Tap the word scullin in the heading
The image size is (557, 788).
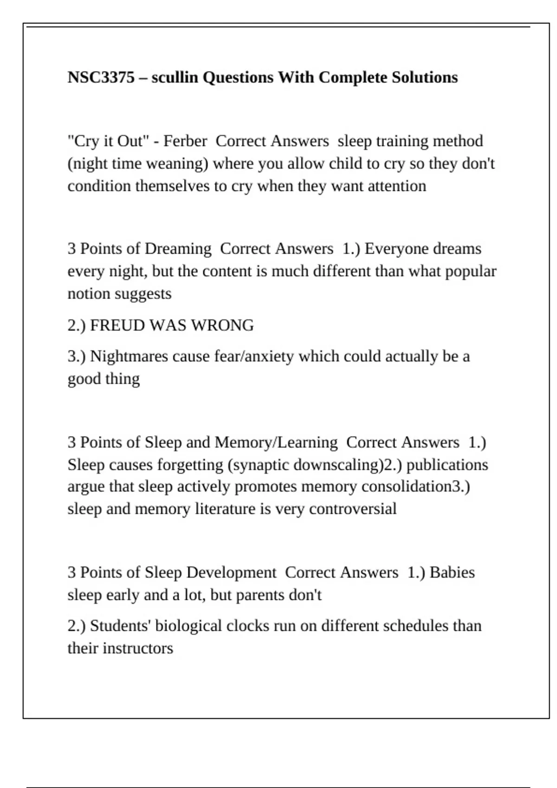tap(175, 77)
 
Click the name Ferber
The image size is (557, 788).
tap(185, 141)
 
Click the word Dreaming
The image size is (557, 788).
tap(178, 249)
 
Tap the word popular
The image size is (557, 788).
tap(471, 271)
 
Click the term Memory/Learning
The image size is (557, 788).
tap(276, 442)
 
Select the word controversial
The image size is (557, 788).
tap(353, 509)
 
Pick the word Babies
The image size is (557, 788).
tap(452, 572)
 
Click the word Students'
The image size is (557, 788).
tap(121, 626)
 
